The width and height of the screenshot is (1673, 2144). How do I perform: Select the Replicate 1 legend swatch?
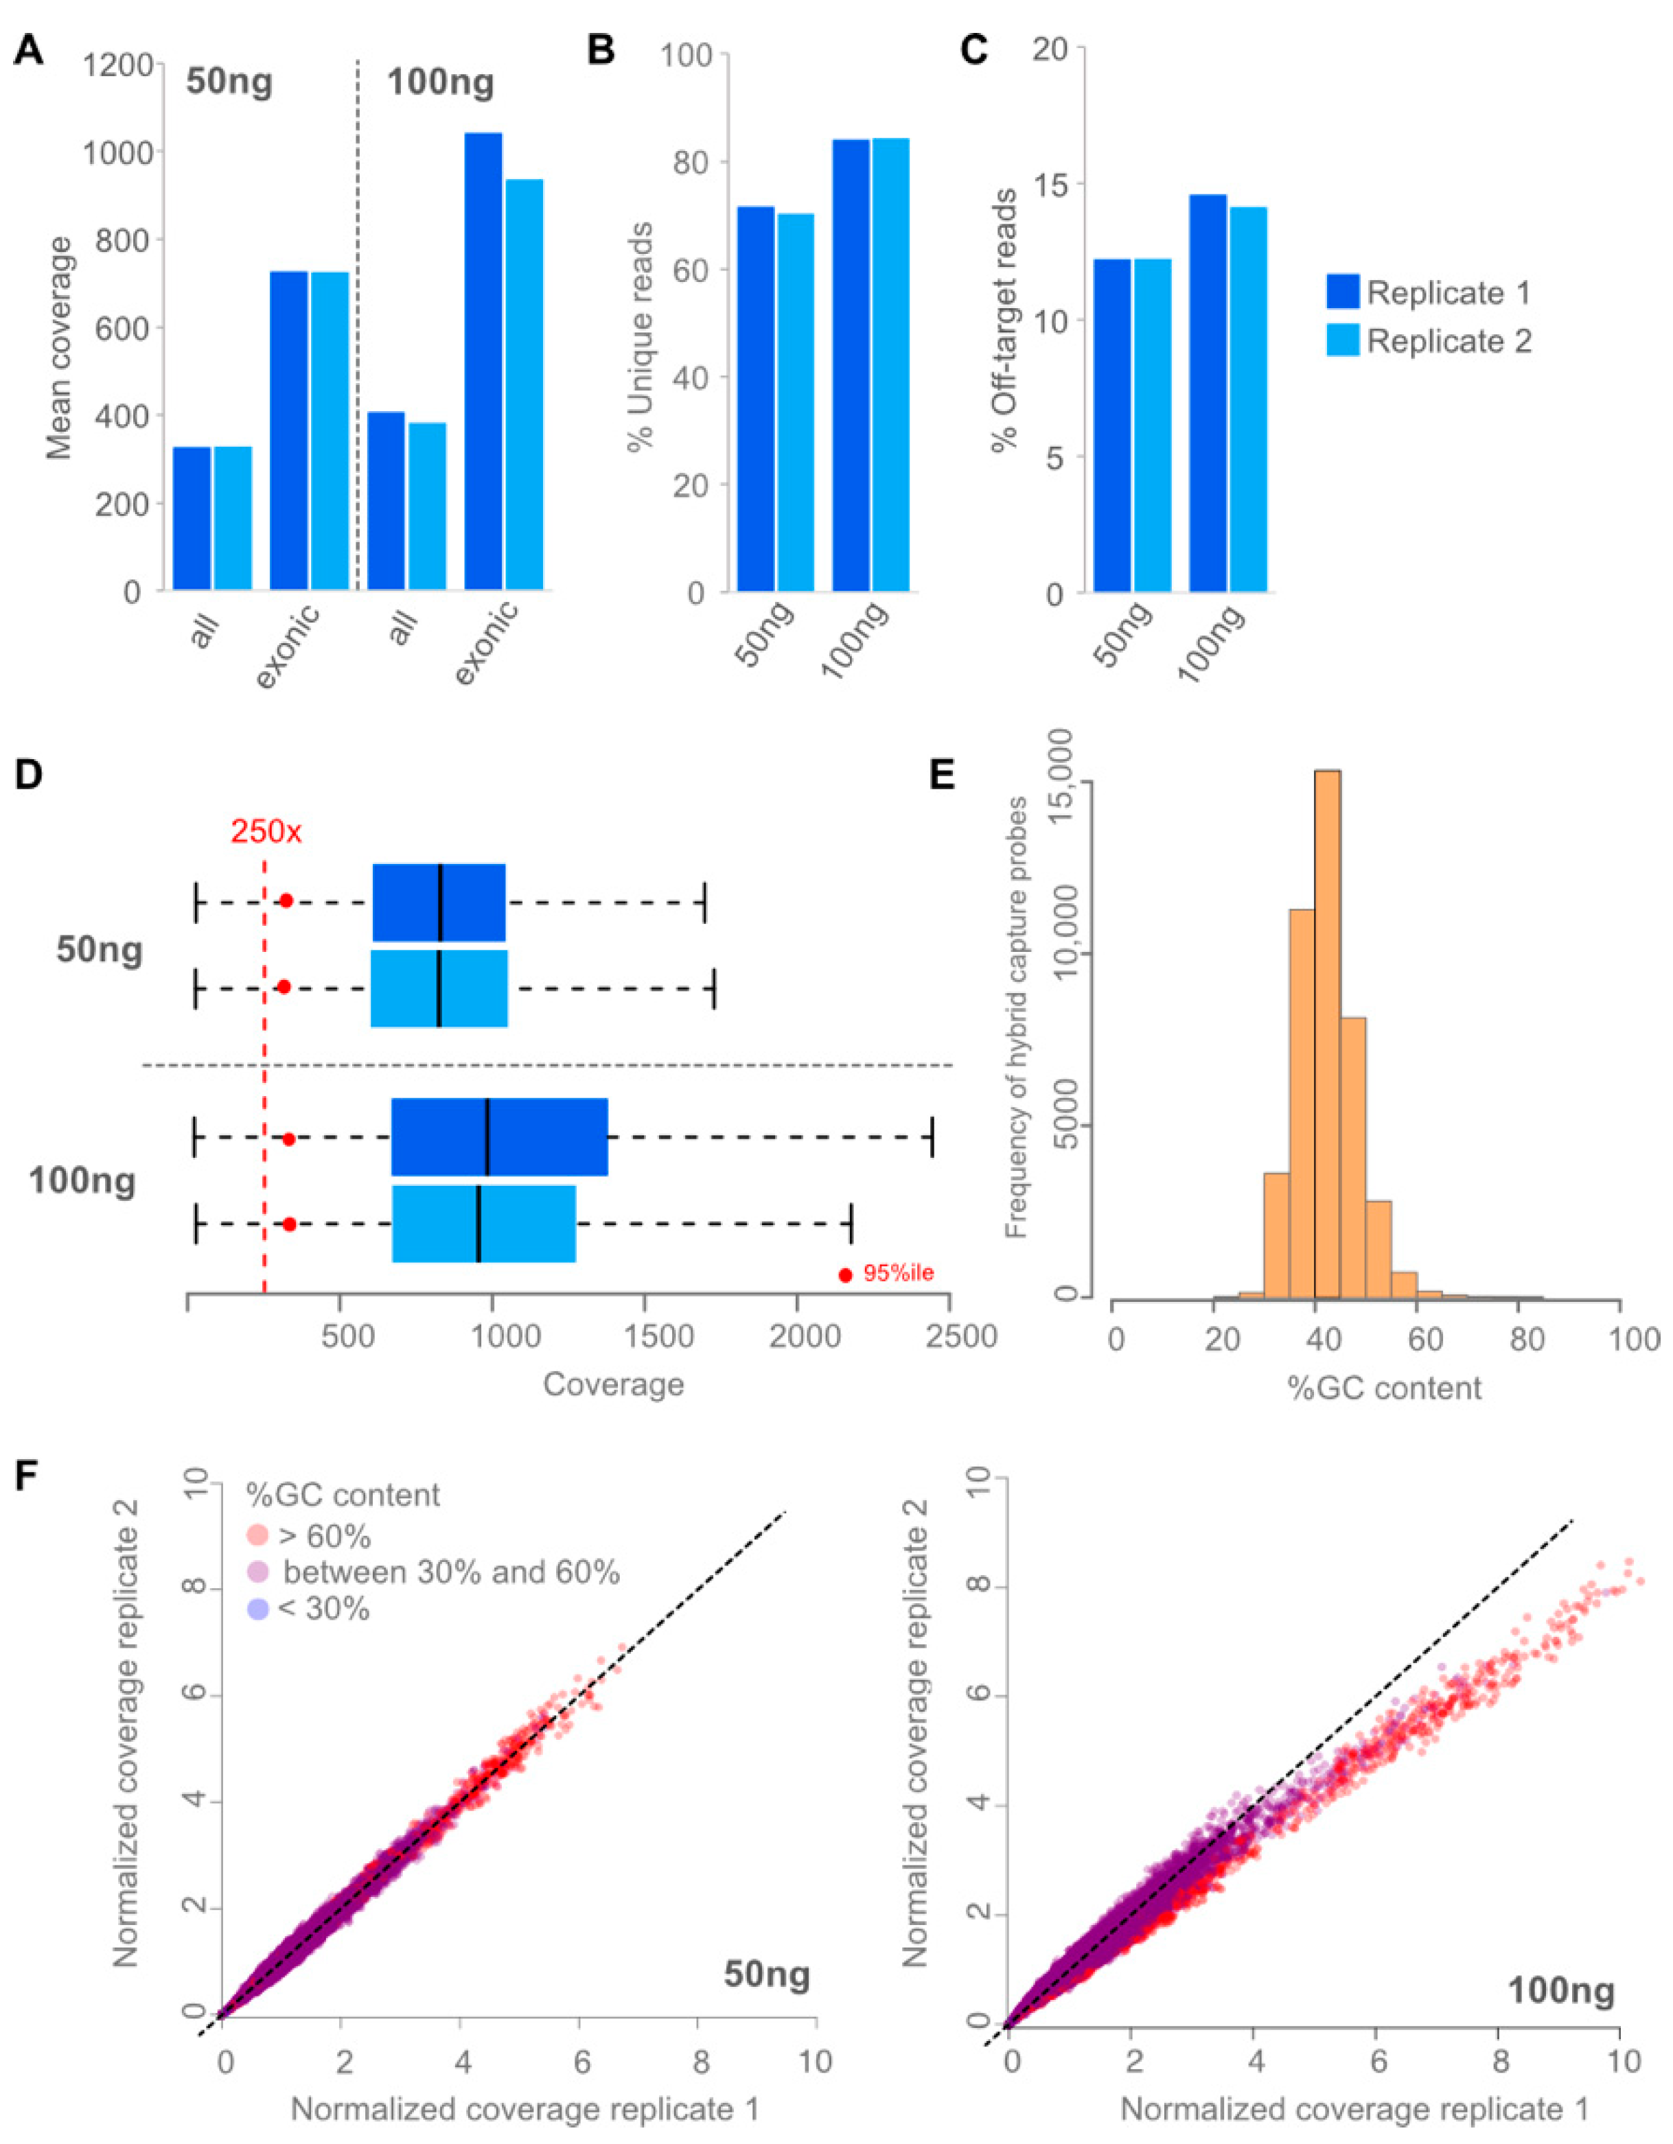(x=1342, y=292)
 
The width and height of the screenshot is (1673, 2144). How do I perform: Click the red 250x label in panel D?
(x=266, y=832)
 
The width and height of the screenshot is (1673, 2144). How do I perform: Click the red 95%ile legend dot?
(x=844, y=1274)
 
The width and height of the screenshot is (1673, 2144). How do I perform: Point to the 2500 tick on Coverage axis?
(x=949, y=1336)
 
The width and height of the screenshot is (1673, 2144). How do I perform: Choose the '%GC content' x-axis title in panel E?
(x=1385, y=1387)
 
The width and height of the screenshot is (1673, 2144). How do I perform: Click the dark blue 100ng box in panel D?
(x=499, y=1137)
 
